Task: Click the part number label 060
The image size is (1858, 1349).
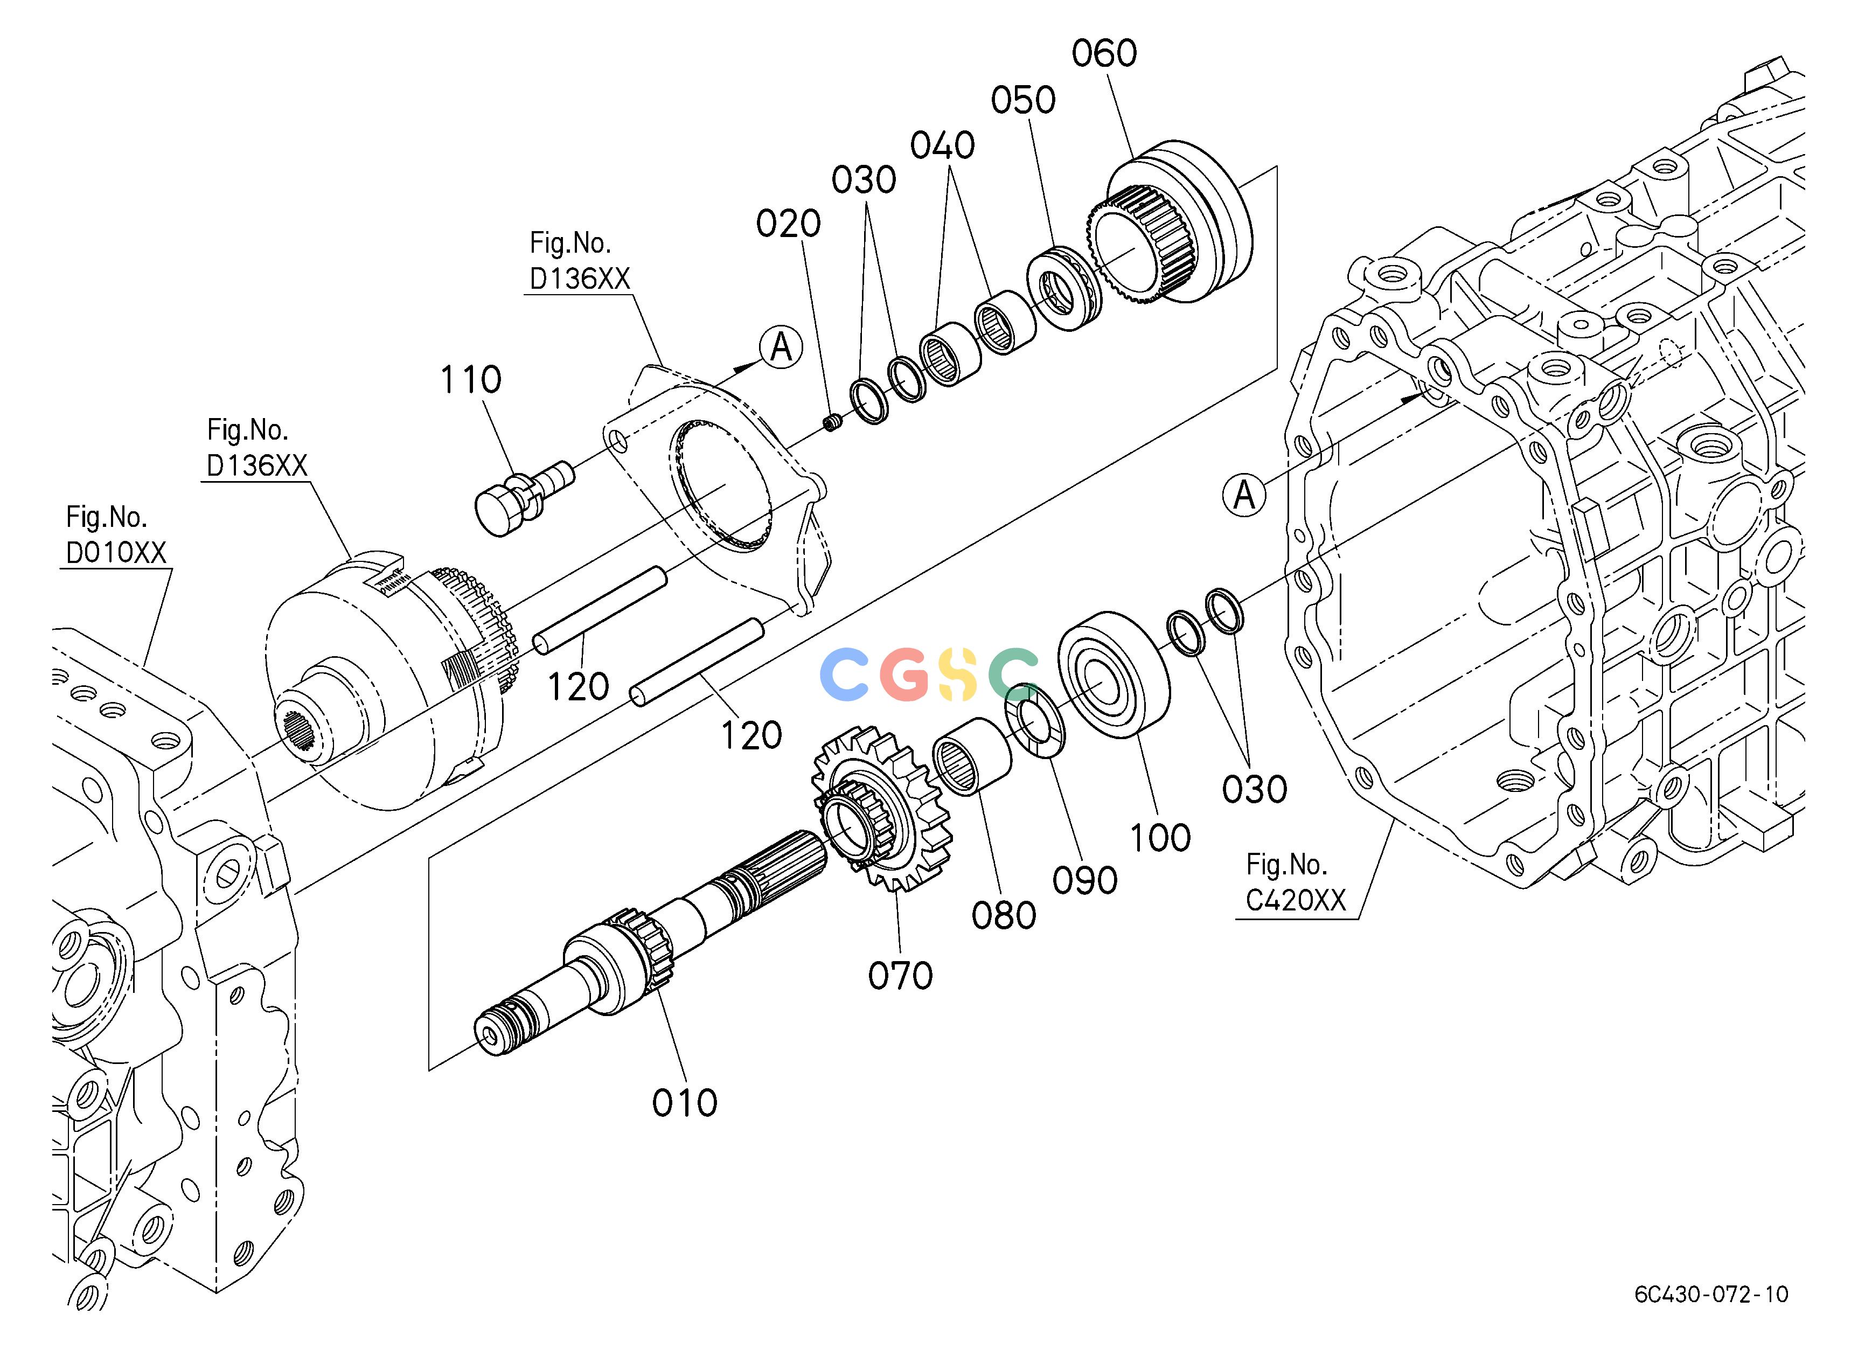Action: point(1104,53)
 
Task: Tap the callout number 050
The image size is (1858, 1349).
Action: point(1023,100)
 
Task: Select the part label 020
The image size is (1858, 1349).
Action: point(788,224)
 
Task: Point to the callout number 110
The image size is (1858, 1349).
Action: point(470,379)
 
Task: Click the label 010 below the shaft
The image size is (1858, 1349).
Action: point(685,1103)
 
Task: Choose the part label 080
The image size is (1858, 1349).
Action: point(1004,916)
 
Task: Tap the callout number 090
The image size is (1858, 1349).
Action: point(1084,880)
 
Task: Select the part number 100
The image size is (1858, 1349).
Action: point(1159,838)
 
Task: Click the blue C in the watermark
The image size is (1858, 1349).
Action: point(844,674)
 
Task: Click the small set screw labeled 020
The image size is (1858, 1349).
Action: point(833,422)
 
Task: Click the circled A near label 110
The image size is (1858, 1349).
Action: point(781,347)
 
